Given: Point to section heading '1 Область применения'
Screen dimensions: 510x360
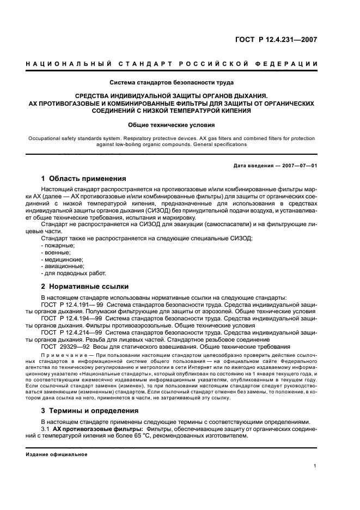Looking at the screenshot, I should pos(83,178).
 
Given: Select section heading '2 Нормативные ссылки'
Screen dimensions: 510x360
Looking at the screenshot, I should pos(82,286).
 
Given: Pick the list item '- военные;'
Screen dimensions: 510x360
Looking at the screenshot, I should pos(56,252).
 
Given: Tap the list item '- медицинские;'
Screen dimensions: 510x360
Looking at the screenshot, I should pos(62,259).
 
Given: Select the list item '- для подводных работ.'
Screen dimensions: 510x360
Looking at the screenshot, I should pos(74,274).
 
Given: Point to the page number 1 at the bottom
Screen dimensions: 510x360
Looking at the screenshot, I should pos(315,465).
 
